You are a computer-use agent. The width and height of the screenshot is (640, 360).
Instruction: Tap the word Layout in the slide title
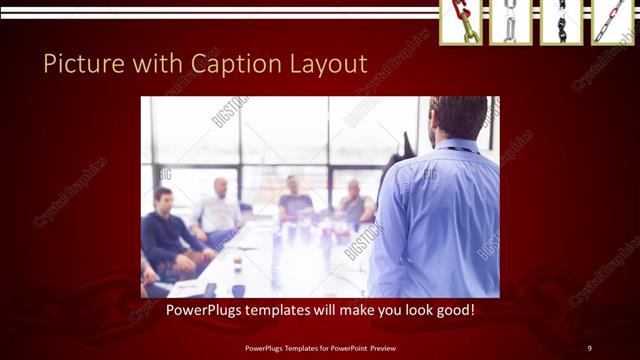pos(325,65)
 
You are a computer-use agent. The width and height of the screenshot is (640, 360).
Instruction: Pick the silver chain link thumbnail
pos(510,22)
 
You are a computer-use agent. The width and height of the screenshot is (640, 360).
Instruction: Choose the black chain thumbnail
pos(560,22)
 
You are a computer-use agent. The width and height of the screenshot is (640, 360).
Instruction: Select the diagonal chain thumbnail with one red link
pos(611,22)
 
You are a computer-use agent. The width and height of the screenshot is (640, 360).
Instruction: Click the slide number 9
pos(590,347)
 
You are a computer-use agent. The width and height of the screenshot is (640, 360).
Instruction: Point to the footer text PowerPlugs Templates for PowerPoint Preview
pos(320,347)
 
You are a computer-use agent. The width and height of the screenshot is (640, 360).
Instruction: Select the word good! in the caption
pos(454,310)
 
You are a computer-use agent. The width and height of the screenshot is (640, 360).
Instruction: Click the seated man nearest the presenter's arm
pos(355,205)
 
